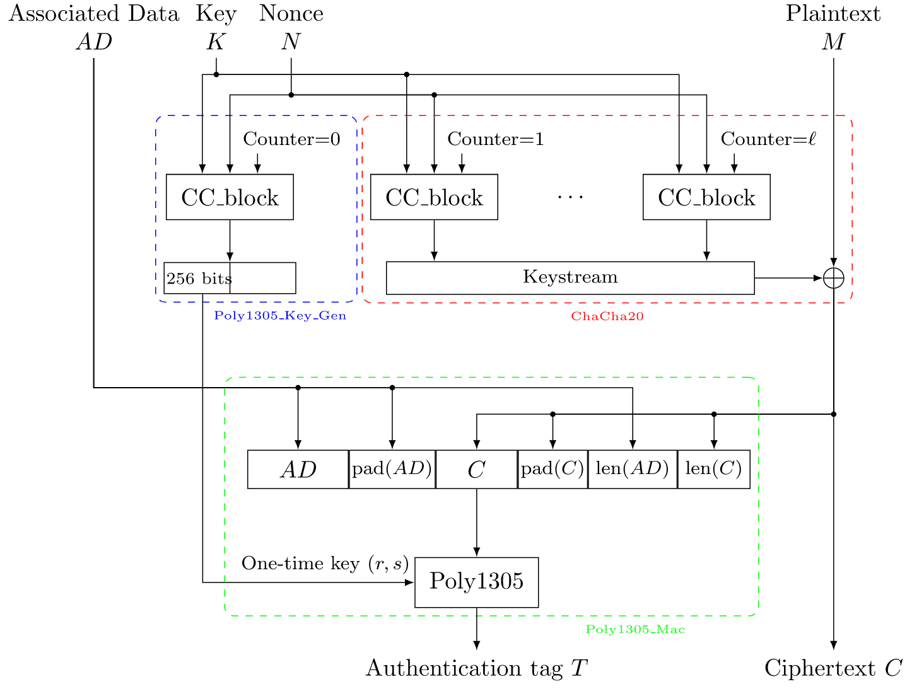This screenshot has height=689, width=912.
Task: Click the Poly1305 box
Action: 476,582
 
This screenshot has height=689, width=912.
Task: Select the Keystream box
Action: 570,278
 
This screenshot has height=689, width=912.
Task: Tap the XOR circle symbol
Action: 833,278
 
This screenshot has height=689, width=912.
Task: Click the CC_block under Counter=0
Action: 230,197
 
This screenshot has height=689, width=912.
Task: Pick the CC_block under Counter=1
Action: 434,197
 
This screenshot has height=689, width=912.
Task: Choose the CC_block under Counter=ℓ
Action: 706,197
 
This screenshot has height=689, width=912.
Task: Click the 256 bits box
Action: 230,278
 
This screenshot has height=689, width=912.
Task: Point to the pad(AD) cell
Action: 392,469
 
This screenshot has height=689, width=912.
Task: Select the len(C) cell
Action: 713,469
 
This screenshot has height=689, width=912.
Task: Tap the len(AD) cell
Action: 632,469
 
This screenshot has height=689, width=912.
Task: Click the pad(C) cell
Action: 552,469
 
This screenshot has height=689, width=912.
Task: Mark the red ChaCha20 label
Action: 607,316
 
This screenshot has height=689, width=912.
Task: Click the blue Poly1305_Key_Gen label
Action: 280,316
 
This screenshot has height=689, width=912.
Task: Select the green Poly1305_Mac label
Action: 635,630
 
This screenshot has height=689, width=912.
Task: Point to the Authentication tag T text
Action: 476,668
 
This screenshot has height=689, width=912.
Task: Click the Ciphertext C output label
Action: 833,668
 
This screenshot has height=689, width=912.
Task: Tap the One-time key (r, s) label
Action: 325,564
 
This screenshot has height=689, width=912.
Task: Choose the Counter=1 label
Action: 495,139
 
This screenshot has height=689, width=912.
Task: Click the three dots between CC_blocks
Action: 570,197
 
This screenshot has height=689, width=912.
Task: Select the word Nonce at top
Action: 291,13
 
